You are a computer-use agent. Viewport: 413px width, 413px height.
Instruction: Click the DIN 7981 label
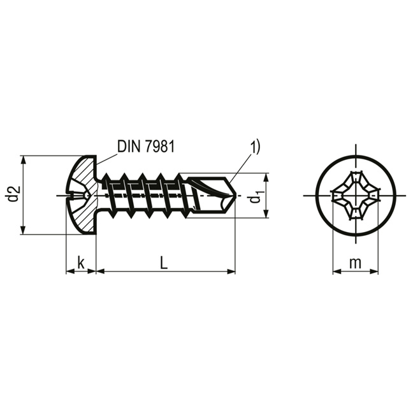[x=145, y=146]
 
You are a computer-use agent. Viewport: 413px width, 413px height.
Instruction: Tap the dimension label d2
[x=13, y=194]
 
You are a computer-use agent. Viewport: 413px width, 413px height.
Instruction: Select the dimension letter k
[x=81, y=262]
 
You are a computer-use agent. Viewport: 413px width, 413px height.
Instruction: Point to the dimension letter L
[x=164, y=262]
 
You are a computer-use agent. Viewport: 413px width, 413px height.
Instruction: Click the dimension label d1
[x=256, y=197]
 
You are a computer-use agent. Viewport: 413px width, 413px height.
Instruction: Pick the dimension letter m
[x=355, y=262]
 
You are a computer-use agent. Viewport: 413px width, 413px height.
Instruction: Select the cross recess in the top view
[x=355, y=195]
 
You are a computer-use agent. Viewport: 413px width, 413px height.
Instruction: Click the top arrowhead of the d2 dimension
[x=24, y=160]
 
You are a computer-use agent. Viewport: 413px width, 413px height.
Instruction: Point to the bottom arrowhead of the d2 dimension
[x=24, y=230]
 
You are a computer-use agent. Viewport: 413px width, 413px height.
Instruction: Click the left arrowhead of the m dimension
[x=337, y=272]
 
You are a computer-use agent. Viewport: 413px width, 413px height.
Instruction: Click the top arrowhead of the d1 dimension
[x=265, y=177]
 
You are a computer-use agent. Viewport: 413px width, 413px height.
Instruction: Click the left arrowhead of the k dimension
[x=69, y=272]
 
